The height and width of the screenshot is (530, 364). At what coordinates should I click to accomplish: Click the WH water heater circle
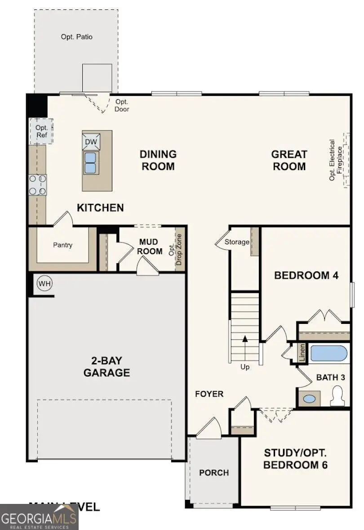click(x=44, y=283)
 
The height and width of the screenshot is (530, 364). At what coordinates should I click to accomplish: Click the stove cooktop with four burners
click(x=38, y=184)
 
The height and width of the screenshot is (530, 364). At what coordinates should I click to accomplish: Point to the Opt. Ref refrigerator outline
click(x=41, y=131)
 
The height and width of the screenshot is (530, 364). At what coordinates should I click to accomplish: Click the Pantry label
click(x=62, y=245)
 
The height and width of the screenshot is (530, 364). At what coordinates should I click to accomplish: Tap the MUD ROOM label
click(x=150, y=247)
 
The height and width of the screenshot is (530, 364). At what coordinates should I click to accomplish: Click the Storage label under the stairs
click(x=237, y=242)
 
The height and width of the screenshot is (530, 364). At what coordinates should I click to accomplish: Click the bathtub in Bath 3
click(x=329, y=354)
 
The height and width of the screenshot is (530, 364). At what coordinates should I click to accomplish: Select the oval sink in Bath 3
click(x=309, y=399)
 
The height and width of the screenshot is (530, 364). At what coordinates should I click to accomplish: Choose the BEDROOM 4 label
click(x=306, y=275)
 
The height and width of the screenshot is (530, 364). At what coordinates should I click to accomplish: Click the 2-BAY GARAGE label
click(x=107, y=367)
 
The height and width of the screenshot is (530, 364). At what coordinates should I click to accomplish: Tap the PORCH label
click(x=214, y=473)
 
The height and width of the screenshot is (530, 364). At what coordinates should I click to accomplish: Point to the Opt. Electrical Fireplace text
click(x=336, y=160)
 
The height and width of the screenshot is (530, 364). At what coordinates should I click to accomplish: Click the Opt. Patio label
click(x=76, y=37)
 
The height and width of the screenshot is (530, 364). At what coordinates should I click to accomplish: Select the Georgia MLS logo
click(x=39, y=517)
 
